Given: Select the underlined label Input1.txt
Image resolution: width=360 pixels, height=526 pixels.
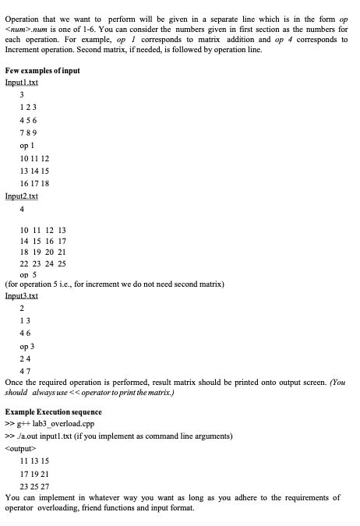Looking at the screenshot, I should pyautogui.click(x=21, y=82).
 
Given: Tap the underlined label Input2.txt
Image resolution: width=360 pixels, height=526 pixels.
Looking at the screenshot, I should pyautogui.click(x=21, y=196).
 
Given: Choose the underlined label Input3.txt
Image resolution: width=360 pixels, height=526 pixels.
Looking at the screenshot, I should pyautogui.click(x=21, y=295).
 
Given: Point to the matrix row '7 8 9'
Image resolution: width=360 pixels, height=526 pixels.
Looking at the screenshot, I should pyautogui.click(x=30, y=133).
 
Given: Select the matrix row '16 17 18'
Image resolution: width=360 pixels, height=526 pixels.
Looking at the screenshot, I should pyautogui.click(x=35, y=183).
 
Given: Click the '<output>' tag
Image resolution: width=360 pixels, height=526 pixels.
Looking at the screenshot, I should pyautogui.click(x=20, y=447).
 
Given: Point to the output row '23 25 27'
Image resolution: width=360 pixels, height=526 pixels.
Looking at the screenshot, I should pyautogui.click(x=35, y=485).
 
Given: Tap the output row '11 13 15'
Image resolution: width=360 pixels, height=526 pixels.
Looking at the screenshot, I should pyautogui.click(x=35, y=461).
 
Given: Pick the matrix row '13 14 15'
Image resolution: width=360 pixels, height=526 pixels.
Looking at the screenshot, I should pyautogui.click(x=35, y=171).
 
